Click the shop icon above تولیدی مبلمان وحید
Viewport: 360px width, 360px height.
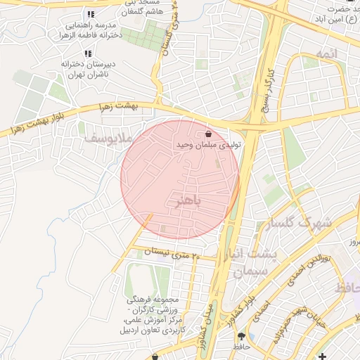[208, 134]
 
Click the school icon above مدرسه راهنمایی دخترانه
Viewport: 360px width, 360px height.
[90, 14]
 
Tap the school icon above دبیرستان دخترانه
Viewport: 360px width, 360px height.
[87, 53]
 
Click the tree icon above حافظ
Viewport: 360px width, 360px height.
[242, 336]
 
